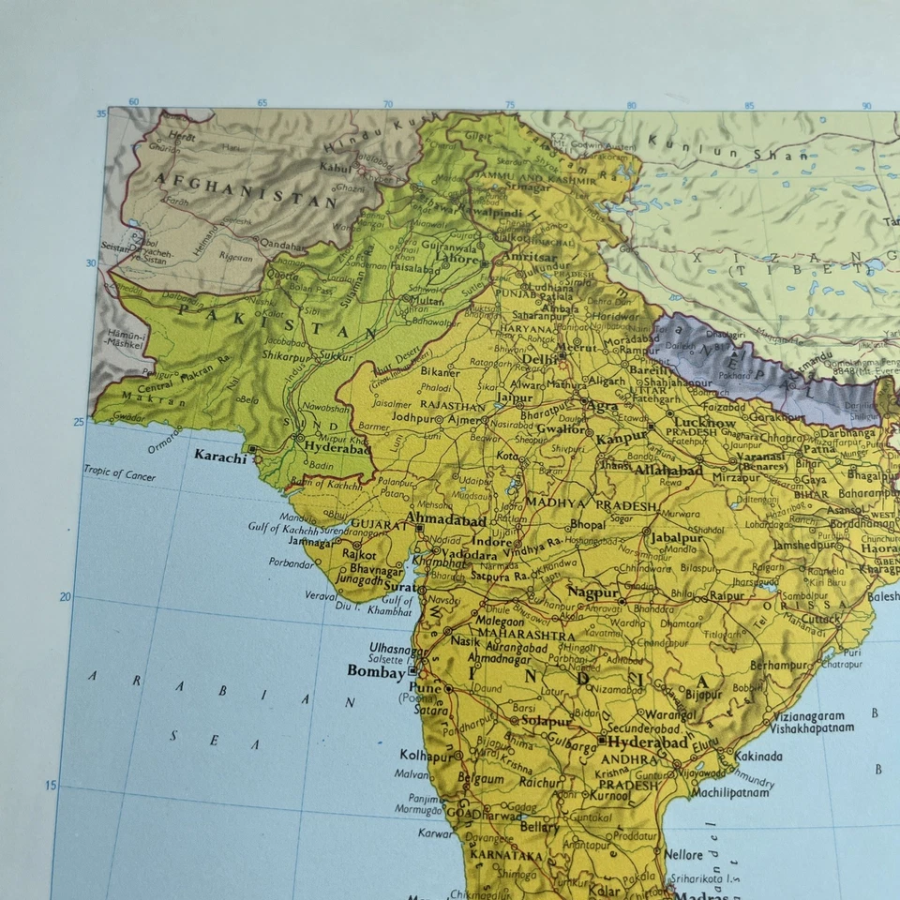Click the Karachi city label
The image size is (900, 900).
[x=220, y=457]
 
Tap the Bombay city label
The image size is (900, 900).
[x=376, y=671]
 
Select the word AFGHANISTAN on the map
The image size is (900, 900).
[x=246, y=190]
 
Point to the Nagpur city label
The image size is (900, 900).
[x=592, y=592]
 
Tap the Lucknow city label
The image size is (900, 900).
[x=704, y=423]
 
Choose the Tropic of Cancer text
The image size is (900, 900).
[x=119, y=473]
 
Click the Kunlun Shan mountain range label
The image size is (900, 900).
[x=727, y=149]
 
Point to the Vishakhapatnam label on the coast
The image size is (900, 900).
[x=812, y=727]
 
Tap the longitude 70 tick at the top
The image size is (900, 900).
[x=386, y=104]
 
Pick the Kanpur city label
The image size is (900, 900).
[x=622, y=438]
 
